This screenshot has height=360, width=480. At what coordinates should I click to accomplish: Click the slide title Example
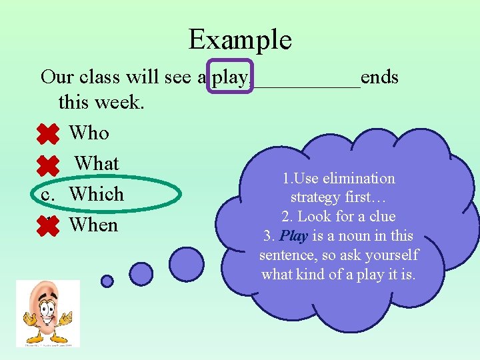point(240,39)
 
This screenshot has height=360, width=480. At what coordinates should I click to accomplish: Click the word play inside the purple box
point(231,78)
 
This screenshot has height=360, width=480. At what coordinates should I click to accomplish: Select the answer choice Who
point(89,133)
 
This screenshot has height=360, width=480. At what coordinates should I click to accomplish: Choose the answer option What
point(97,163)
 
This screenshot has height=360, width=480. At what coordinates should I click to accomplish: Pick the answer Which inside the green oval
point(97,194)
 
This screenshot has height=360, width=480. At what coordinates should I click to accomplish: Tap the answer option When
point(93,225)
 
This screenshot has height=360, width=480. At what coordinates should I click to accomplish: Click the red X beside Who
point(48,134)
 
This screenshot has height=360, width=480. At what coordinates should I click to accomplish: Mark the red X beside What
point(48,165)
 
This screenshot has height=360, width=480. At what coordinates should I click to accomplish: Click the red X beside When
point(48,227)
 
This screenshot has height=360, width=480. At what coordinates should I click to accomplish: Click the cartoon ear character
point(48,313)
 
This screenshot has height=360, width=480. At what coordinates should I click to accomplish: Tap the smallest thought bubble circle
point(107,281)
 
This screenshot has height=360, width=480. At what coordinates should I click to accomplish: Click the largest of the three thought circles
point(187,264)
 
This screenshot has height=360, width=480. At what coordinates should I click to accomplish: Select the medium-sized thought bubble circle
point(141,273)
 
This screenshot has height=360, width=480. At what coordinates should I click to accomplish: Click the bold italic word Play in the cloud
point(294,236)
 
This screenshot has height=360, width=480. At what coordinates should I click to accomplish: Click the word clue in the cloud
point(381,217)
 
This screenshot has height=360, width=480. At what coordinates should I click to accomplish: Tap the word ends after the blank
point(379,78)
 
